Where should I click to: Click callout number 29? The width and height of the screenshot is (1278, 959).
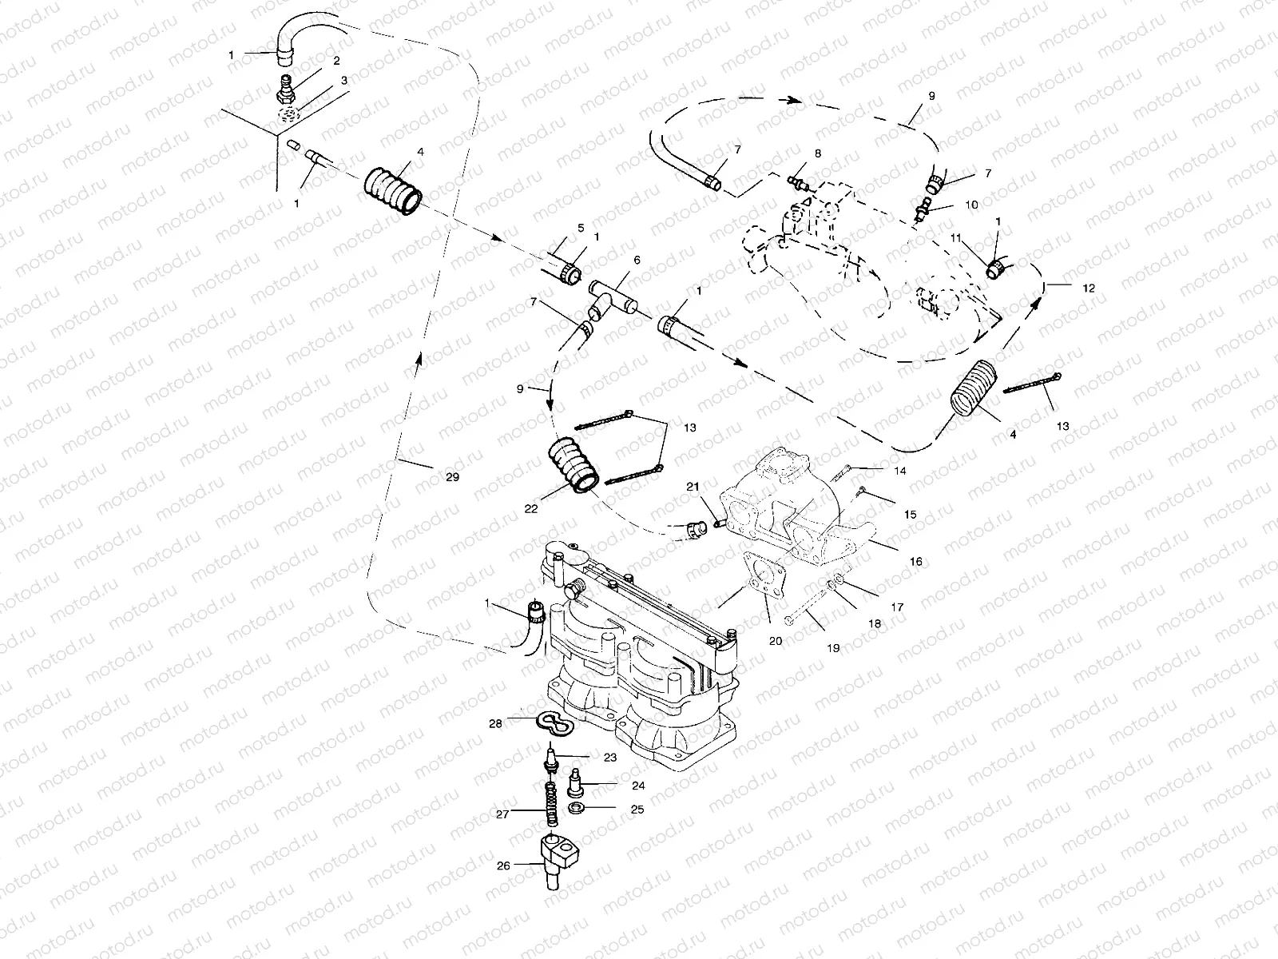pyautogui.click(x=452, y=476)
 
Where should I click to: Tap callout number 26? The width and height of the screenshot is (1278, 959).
pyautogui.click(x=502, y=864)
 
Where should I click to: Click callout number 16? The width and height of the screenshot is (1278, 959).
pyautogui.click(x=916, y=562)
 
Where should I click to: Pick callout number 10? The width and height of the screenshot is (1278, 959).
pyautogui.click(x=971, y=205)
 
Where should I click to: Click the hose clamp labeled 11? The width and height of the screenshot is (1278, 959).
pyautogui.click(x=995, y=269)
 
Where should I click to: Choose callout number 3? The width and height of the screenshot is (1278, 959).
pyautogui.click(x=344, y=80)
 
